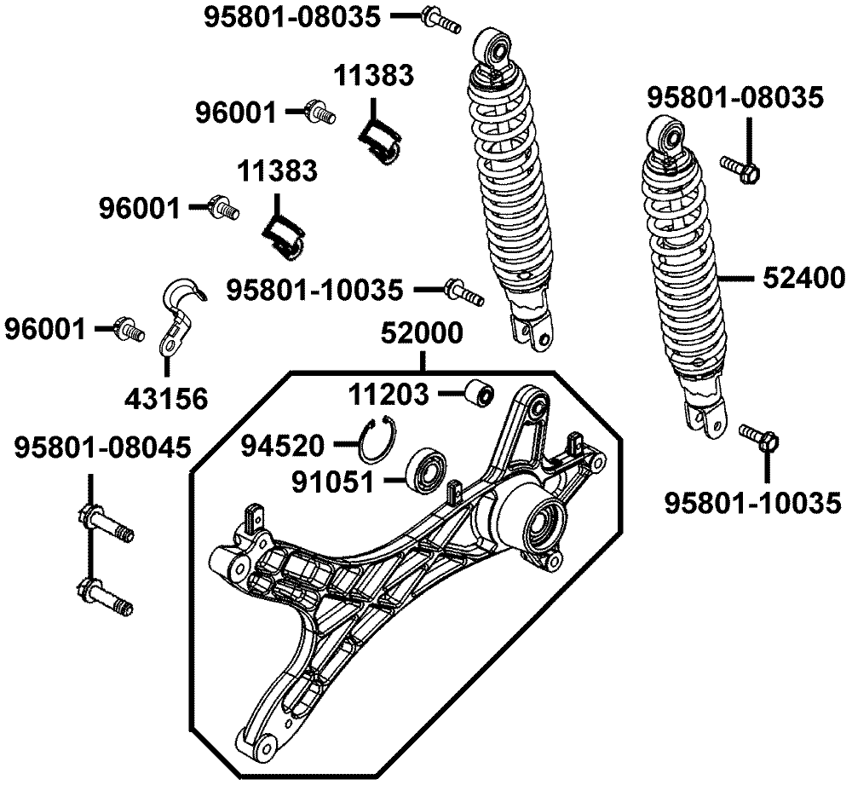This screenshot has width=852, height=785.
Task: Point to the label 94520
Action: [283, 444]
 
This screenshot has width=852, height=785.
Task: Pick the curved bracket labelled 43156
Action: [179, 315]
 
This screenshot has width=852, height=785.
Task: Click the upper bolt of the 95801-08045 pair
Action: [106, 522]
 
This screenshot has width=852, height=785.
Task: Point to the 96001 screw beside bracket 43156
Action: [128, 326]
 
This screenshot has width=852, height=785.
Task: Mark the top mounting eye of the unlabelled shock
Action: [496, 44]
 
